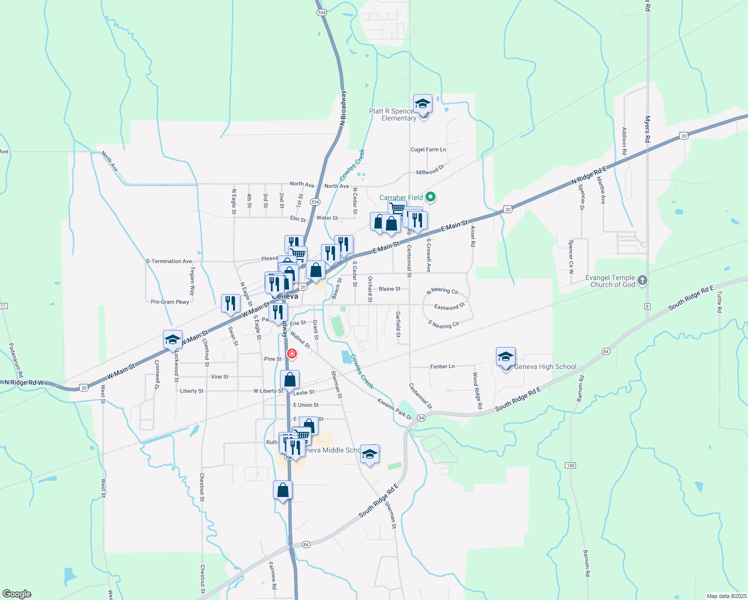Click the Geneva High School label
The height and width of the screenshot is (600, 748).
[545, 366]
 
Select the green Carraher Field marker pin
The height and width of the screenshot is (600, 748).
[430, 197]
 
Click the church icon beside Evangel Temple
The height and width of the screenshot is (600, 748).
[642, 280]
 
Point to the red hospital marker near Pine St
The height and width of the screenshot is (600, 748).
[291, 354]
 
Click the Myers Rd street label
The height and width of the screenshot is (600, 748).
[647, 129]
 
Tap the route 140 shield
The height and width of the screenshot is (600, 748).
[570, 465]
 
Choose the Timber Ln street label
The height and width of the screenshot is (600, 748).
[442, 366]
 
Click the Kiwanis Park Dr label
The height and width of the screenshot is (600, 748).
[394, 408]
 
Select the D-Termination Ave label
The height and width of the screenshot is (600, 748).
[169, 261]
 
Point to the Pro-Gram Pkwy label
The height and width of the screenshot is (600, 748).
[170, 302]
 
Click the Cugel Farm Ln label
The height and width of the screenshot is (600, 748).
[428, 149]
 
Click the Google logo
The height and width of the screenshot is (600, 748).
[16, 593]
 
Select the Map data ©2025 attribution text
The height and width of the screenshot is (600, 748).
[726, 596]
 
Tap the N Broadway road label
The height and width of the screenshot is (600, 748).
[343, 108]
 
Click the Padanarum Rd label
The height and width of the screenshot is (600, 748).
[16, 360]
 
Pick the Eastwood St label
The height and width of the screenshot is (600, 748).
[449, 306]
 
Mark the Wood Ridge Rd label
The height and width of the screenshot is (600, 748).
[477, 390]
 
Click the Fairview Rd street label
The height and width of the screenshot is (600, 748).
[272, 575]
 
